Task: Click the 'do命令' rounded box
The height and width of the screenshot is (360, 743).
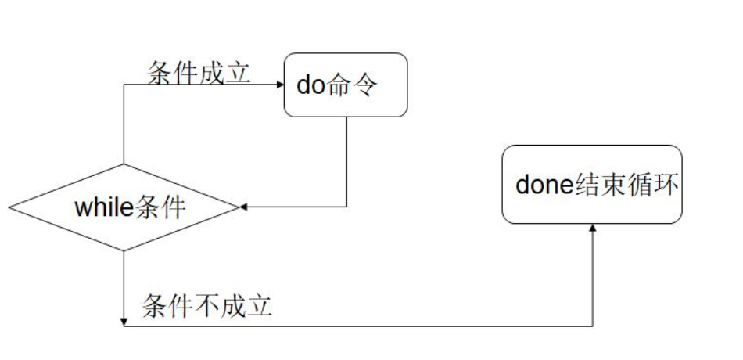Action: tap(346, 85)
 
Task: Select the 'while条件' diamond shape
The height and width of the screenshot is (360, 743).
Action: tap(124, 207)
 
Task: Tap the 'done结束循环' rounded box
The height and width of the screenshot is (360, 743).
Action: tap(592, 185)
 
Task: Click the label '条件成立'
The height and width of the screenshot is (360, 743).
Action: tap(199, 73)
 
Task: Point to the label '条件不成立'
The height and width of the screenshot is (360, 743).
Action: tap(206, 305)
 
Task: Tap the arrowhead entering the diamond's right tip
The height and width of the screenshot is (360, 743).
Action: tap(243, 207)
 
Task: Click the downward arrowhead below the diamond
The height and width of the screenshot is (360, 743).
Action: tap(124, 322)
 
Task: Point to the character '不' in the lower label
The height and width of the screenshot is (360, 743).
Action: tap(206, 305)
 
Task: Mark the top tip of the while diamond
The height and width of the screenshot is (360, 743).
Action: tap(124, 165)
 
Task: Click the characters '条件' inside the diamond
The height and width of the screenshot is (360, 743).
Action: tap(160, 208)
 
